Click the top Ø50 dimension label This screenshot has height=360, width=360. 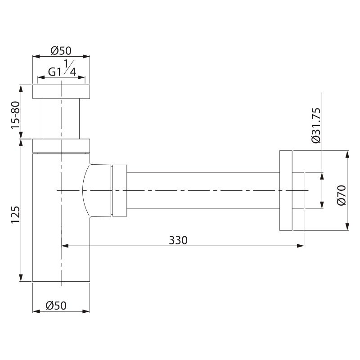[x=61, y=51]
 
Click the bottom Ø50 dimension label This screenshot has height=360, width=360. [x=56, y=306]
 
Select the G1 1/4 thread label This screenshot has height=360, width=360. [x=62, y=68]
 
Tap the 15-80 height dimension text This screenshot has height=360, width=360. [x=16, y=115]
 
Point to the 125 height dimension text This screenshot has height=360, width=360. [x=16, y=215]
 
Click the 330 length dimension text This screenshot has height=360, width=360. [x=178, y=240]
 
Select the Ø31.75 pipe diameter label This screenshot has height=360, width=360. [x=316, y=126]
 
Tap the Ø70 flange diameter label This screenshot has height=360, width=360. [x=341, y=195]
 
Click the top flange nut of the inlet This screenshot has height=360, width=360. [x=61, y=92]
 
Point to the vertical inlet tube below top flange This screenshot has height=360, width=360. [x=61, y=119]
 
